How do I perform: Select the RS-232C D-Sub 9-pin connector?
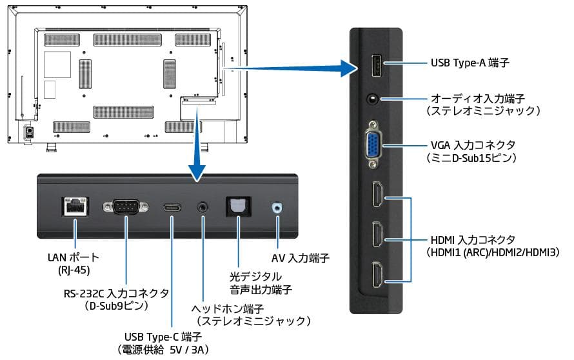[125, 207]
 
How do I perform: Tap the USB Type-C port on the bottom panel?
[172, 208]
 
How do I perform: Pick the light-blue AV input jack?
[277, 207]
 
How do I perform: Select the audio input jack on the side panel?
[372, 99]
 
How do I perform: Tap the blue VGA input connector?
[373, 145]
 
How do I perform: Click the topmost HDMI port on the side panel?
[376, 195]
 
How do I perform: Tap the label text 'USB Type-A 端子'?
[470, 63]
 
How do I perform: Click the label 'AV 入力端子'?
[301, 258]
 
